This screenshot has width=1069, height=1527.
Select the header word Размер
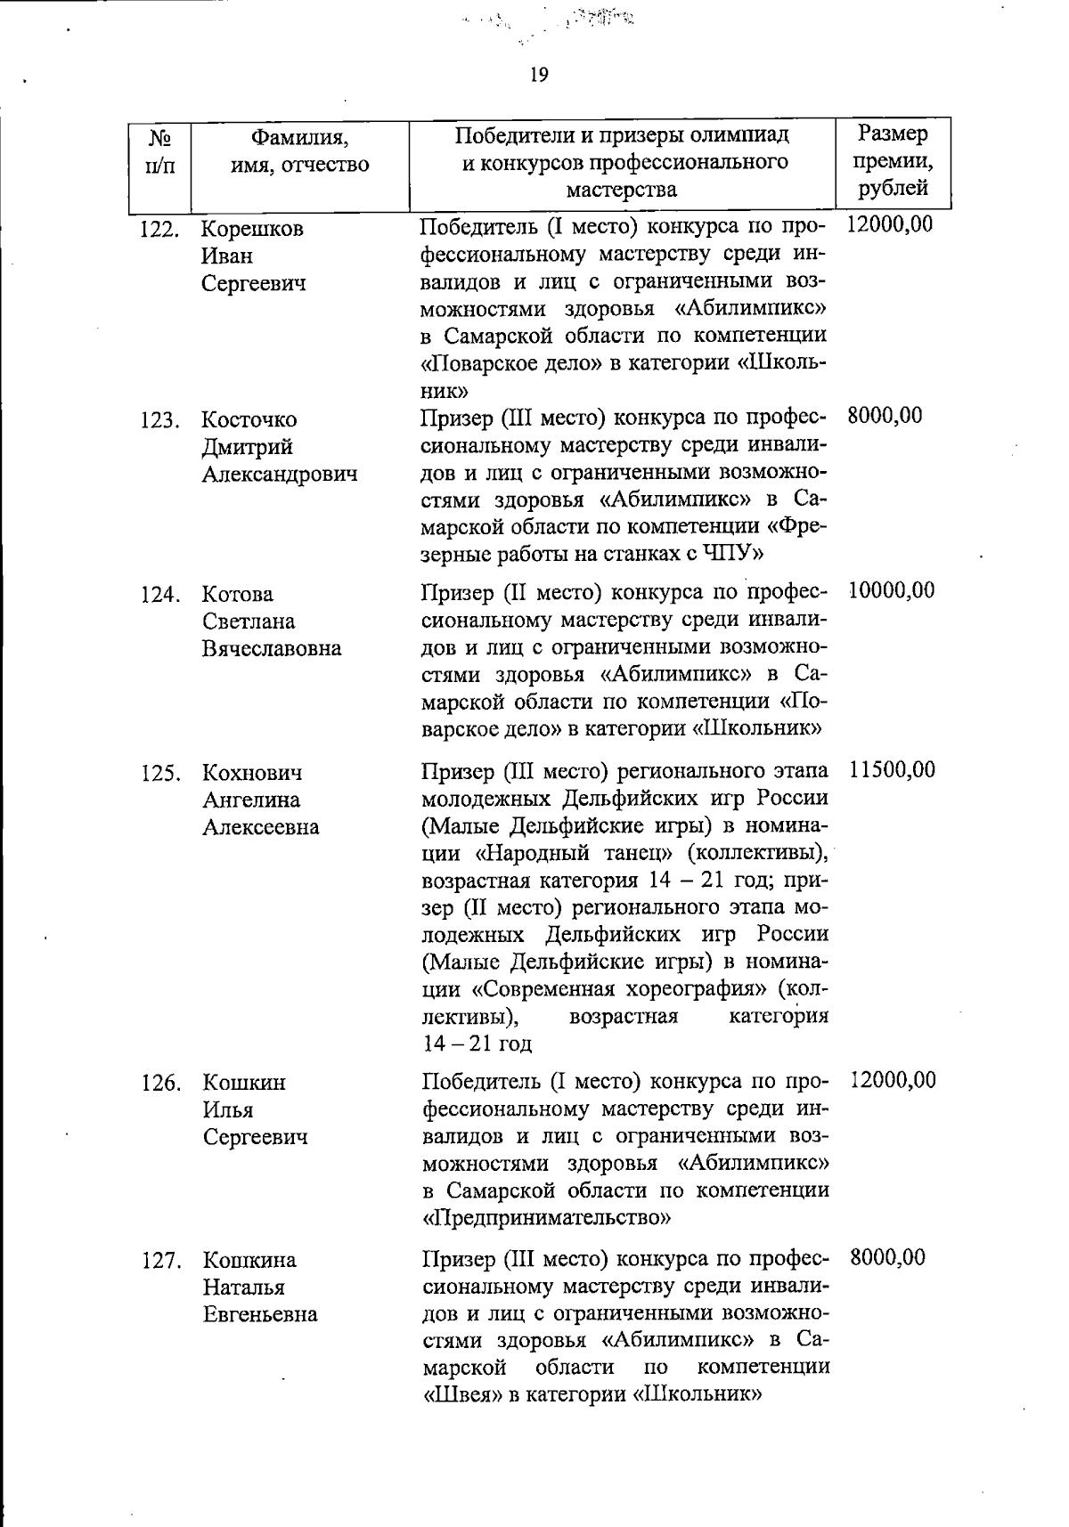(893, 134)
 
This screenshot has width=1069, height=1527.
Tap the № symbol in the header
(159, 138)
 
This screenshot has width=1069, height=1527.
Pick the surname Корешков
(252, 229)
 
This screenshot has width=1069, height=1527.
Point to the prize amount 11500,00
(893, 769)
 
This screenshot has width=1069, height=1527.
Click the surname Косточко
(249, 419)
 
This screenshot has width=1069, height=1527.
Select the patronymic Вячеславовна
(272, 648)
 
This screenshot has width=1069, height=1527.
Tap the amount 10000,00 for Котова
(892, 590)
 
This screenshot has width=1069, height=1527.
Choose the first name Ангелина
(251, 800)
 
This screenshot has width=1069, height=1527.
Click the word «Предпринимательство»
(546, 1217)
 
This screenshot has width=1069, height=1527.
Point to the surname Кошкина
(249, 1261)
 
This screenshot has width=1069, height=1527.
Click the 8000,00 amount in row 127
(887, 1257)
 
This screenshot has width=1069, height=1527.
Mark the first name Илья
(228, 1110)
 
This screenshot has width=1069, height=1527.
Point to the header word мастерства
(622, 190)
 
